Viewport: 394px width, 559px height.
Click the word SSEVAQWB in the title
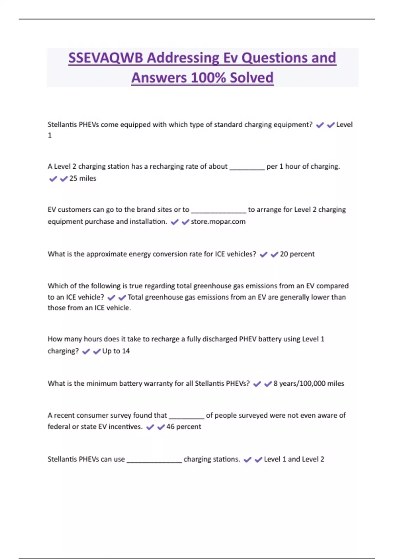tap(106, 58)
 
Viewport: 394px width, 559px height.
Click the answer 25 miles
tap(83, 179)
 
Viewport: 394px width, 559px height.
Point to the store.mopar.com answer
tap(218, 222)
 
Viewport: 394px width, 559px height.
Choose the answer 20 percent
tap(297, 254)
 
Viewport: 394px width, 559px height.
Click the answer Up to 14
tap(116, 351)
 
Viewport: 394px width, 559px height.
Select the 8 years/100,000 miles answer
tap(309, 384)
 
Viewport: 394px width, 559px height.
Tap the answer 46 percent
tap(184, 427)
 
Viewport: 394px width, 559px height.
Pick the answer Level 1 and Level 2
tap(294, 459)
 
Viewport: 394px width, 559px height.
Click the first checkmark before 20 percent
tap(263, 255)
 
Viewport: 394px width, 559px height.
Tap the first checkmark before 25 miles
tap(53, 179)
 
